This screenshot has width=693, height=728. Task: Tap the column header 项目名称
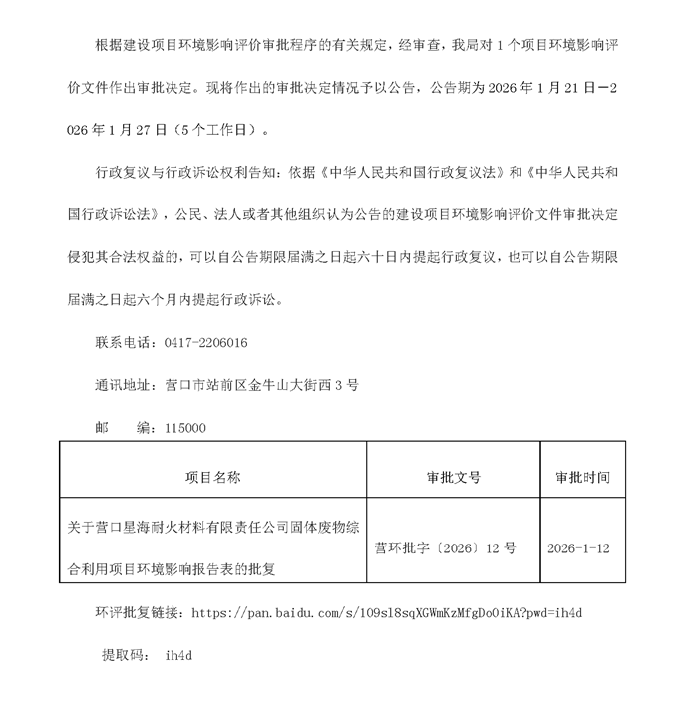[x=213, y=477]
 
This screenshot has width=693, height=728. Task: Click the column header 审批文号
[x=453, y=477]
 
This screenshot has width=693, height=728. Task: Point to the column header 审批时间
[x=582, y=477]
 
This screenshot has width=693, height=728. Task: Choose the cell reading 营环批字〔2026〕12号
[x=445, y=548]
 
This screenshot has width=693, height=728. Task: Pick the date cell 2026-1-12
[x=579, y=548]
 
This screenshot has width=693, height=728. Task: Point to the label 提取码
[x=123, y=656]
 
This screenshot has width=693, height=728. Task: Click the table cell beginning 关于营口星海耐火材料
[x=213, y=546]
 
